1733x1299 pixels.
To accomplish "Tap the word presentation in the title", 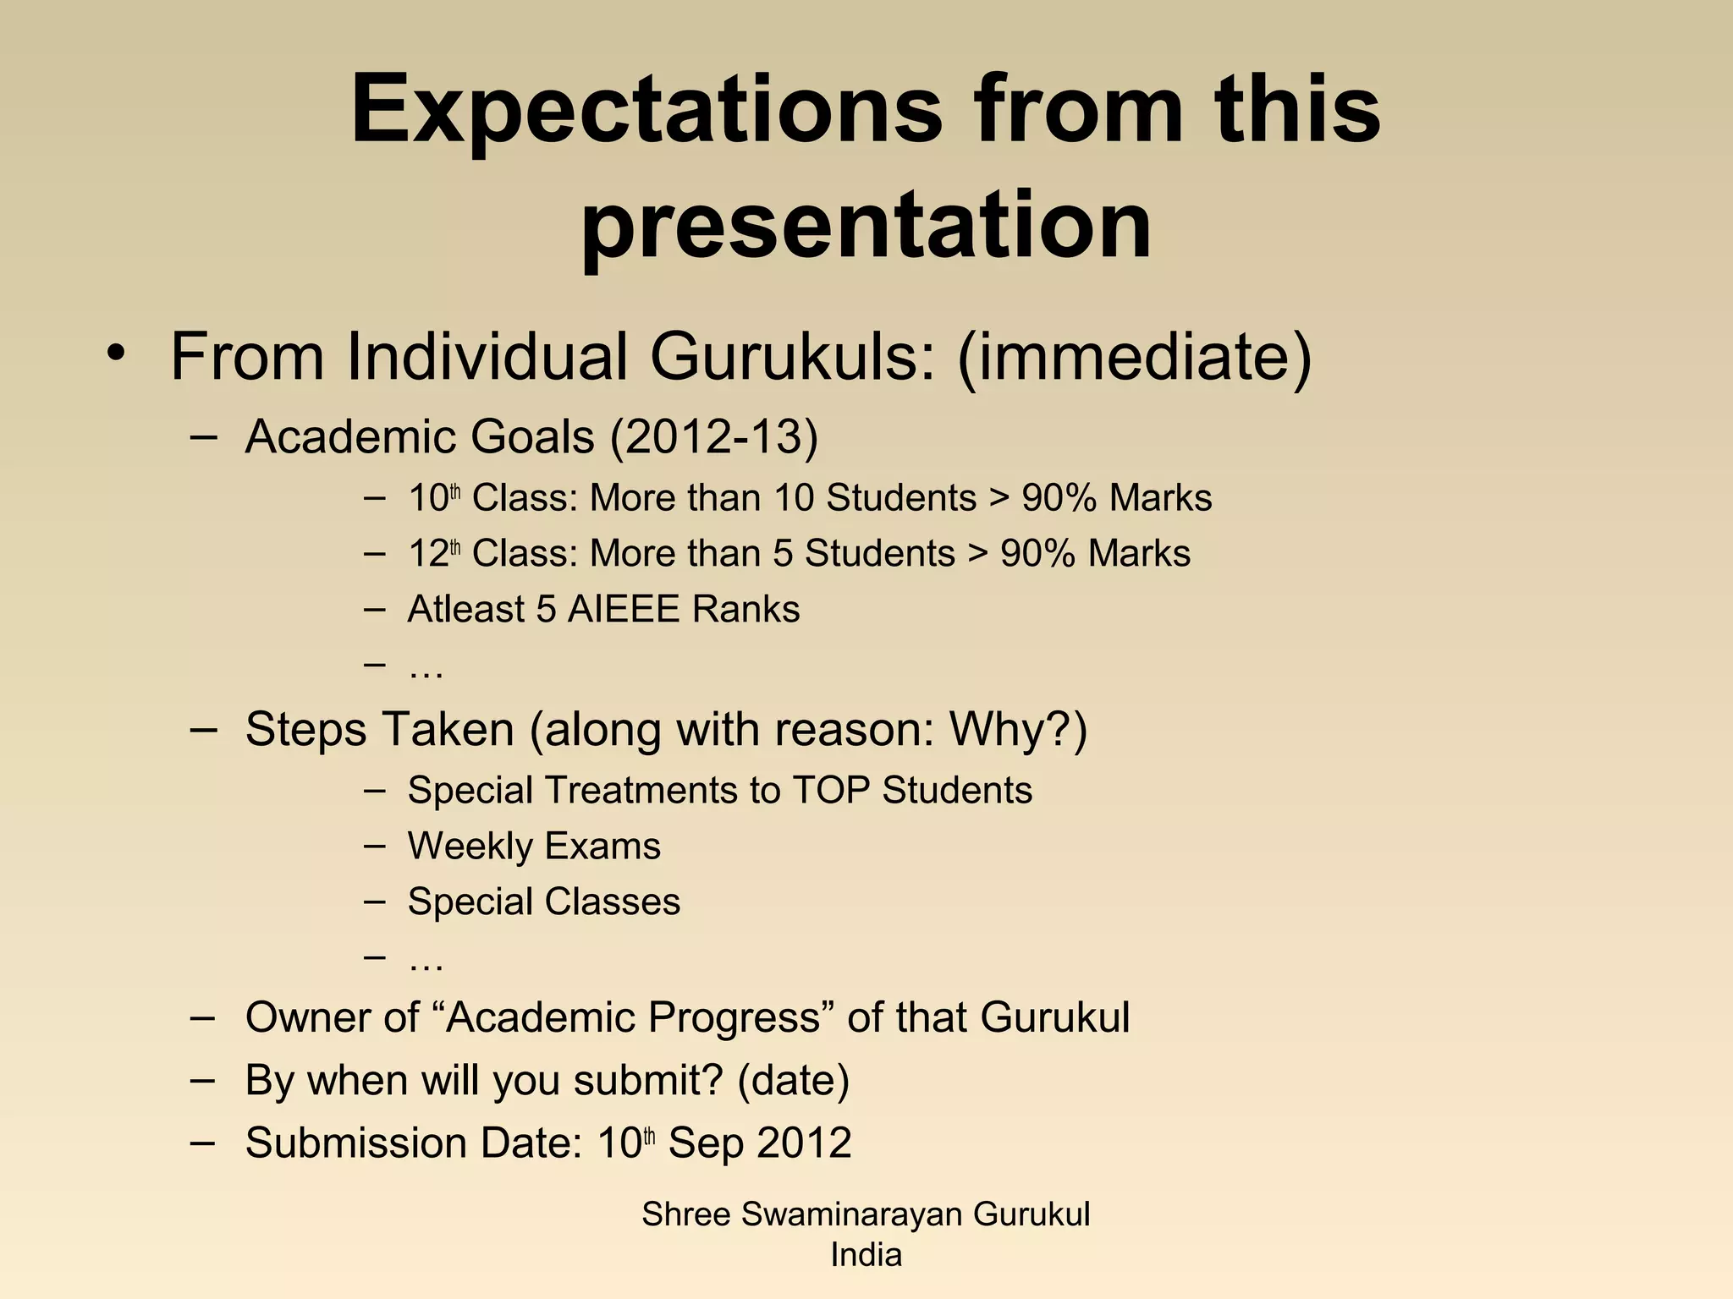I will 865,225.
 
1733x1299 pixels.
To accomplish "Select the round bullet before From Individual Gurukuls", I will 116,354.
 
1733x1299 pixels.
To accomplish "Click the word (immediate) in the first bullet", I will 1134,357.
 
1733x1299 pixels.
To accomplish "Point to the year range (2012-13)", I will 713,437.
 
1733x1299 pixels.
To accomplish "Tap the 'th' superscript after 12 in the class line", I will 455,547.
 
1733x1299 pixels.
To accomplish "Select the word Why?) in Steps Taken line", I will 1018,729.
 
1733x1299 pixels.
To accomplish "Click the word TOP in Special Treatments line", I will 831,791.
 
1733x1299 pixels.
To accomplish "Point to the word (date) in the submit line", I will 793,1080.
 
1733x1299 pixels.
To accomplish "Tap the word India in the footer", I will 866,1255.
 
